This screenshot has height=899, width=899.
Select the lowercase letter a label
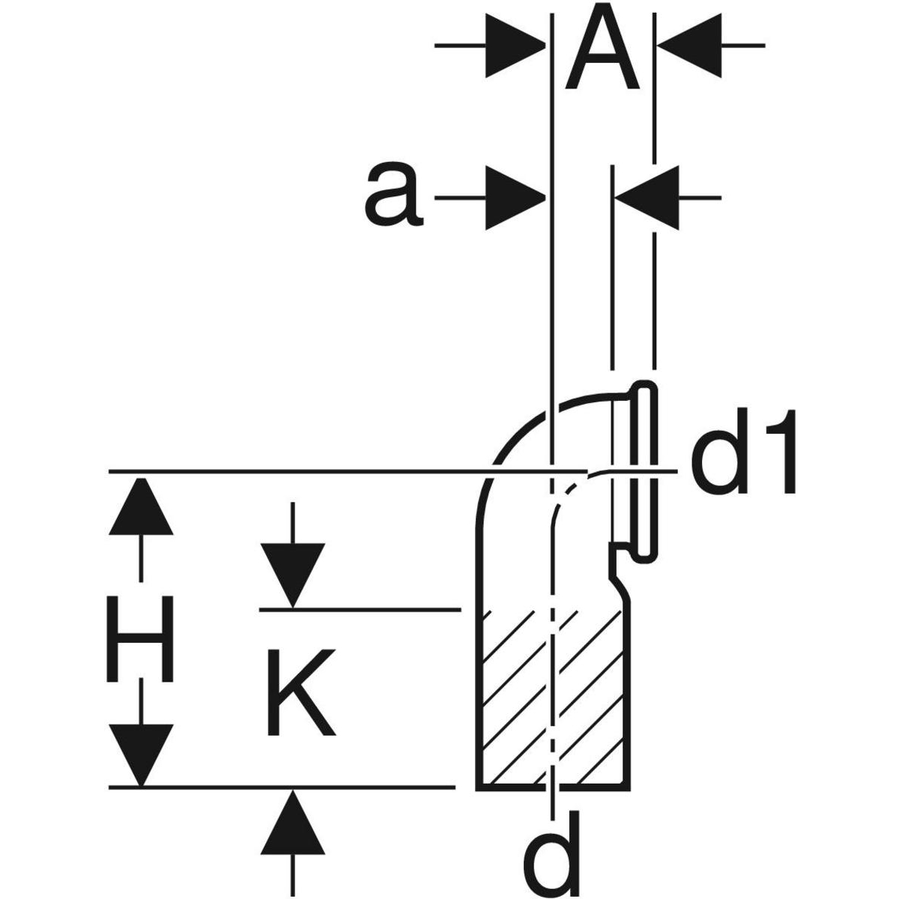(x=392, y=197)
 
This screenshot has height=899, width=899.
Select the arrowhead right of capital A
(x=685, y=46)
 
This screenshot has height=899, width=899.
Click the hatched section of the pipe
(x=551, y=697)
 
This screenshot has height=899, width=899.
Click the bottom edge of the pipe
(x=551, y=787)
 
